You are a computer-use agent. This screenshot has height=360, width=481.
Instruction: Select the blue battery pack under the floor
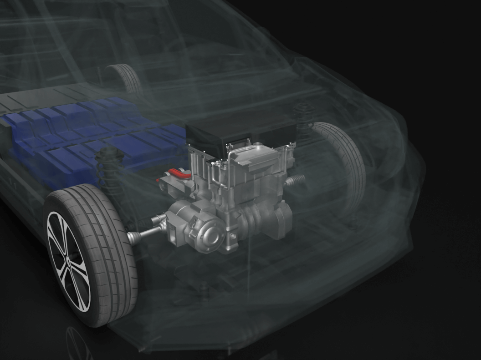click(x=91, y=137)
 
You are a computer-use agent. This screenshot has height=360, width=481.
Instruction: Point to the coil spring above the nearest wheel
click(x=109, y=168)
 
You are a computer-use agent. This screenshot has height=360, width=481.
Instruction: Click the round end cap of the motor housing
click(x=210, y=235)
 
